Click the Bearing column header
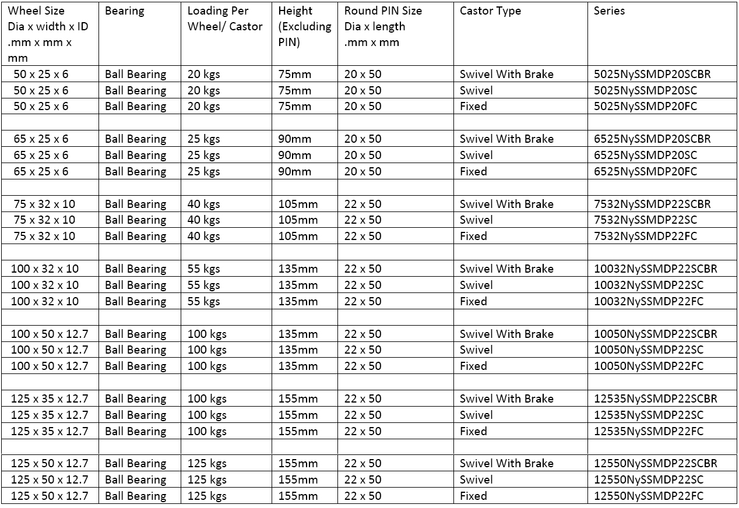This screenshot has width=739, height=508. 124,11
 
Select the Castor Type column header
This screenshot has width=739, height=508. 490,11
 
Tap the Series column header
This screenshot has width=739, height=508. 609,11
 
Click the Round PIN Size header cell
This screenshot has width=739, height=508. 382,26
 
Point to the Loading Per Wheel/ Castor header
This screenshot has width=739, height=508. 225,19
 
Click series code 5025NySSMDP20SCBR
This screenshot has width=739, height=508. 652,74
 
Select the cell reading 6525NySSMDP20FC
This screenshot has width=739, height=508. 645,171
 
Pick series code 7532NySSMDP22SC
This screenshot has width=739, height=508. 645,220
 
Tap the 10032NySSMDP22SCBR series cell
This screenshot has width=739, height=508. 655,269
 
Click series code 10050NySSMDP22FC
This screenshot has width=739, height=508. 648,366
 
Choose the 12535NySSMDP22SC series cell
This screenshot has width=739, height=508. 648,415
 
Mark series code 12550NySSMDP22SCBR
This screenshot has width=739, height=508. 655,463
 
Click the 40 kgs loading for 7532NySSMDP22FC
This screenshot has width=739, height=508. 203,236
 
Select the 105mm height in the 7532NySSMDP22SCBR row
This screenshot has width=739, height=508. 298,204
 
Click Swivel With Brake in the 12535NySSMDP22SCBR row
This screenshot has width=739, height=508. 506,398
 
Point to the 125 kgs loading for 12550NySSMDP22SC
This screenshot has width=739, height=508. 207,479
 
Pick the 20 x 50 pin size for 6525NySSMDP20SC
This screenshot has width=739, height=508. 363,155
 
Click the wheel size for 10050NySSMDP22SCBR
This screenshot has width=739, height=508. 50,334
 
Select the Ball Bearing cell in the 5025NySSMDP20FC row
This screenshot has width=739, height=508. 135,106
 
